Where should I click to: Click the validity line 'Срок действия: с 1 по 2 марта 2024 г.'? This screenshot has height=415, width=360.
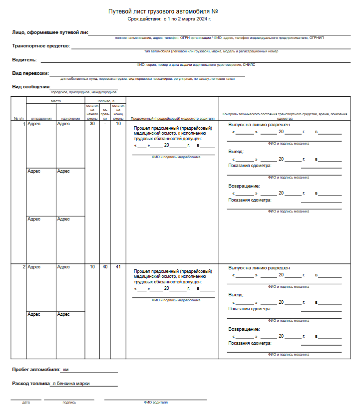coord(169,18)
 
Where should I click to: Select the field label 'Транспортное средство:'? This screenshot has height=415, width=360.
coord(41,46)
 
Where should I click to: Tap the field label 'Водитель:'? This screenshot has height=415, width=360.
coord(24,59)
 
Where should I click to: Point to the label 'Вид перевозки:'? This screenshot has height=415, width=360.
coord(31,73)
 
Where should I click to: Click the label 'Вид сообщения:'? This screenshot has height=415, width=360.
coord(31,87)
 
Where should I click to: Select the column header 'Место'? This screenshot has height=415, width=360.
coord(55,101)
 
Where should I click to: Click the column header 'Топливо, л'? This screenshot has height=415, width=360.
coord(105,101)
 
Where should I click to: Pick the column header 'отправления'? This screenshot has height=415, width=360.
coord(41,119)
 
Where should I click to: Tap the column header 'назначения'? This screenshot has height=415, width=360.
coord(70,119)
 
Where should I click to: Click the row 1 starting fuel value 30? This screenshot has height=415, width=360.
coord(92,124)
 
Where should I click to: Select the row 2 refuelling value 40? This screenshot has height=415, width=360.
coord(105,267)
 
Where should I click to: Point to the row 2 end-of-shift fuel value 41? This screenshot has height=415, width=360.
coord(118,267)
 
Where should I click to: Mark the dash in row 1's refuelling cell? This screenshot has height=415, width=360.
coord(105,124)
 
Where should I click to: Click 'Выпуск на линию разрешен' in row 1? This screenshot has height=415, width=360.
coord(259,125)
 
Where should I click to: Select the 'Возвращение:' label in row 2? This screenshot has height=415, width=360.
coord(244,329)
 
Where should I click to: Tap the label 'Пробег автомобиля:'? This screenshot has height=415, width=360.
coord(35,370)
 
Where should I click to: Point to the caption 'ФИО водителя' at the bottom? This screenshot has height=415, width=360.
coord(155,402)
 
